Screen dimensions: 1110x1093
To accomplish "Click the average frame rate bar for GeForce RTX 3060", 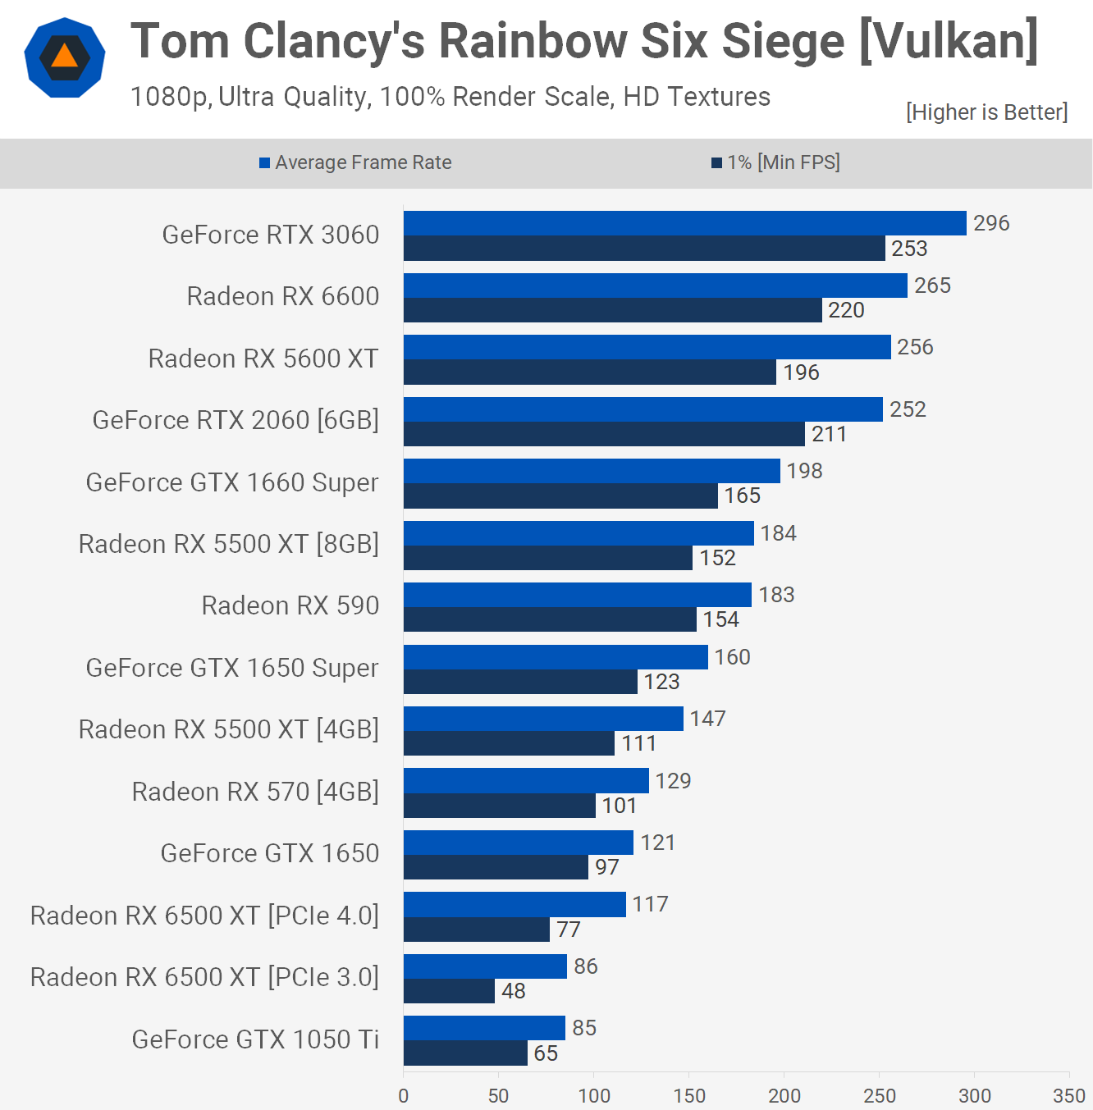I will [684, 223].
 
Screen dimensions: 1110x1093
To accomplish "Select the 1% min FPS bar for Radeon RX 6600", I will [612, 310].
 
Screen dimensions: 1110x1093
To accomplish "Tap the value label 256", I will [915, 347].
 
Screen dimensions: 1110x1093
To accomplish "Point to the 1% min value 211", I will [829, 434].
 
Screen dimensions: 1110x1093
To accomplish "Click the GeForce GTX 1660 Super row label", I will [232, 482].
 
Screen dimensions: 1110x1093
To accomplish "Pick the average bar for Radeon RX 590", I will [577, 595].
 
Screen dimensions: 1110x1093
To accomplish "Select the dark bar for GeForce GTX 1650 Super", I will [520, 682].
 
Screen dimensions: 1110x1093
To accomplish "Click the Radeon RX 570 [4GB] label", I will [255, 792].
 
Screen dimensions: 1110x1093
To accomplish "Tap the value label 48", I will [514, 991].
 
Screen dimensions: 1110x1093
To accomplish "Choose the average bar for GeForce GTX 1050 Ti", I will [484, 1028].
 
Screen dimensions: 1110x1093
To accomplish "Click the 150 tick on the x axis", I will [689, 1095].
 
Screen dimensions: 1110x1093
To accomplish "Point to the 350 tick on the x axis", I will [1069, 1095].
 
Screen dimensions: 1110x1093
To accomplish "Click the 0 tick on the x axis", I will [403, 1095].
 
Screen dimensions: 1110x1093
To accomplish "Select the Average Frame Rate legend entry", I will [356, 162].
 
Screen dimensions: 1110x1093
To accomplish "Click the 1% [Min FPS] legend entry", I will [776, 162].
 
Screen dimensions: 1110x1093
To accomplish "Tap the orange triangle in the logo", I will [65, 57].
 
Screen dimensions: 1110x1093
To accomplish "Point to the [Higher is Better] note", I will [986, 112].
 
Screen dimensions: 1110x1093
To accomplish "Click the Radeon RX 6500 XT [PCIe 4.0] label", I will [204, 916].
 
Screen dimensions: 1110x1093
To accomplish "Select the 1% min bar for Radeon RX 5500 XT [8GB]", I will [547, 558].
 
